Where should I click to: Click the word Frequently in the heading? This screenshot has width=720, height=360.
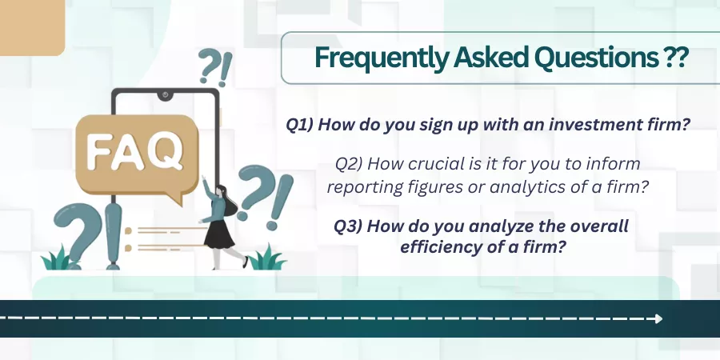coord(381,58)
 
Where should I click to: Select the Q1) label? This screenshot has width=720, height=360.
coord(299,125)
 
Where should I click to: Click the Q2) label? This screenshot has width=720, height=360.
coord(349,163)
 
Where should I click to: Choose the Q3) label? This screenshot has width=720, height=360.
coord(348,226)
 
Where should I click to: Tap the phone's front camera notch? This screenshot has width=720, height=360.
coord(165,95)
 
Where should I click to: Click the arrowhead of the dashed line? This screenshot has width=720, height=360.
coord(659,318)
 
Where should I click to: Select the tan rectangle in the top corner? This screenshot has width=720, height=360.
coord(32,27)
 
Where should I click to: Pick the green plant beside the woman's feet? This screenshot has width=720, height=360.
coord(267,258)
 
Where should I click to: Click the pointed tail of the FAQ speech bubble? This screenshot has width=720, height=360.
coord(176,200)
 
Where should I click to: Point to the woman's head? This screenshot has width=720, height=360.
coord(222,190)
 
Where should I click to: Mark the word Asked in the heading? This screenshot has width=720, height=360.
coord(490,57)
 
